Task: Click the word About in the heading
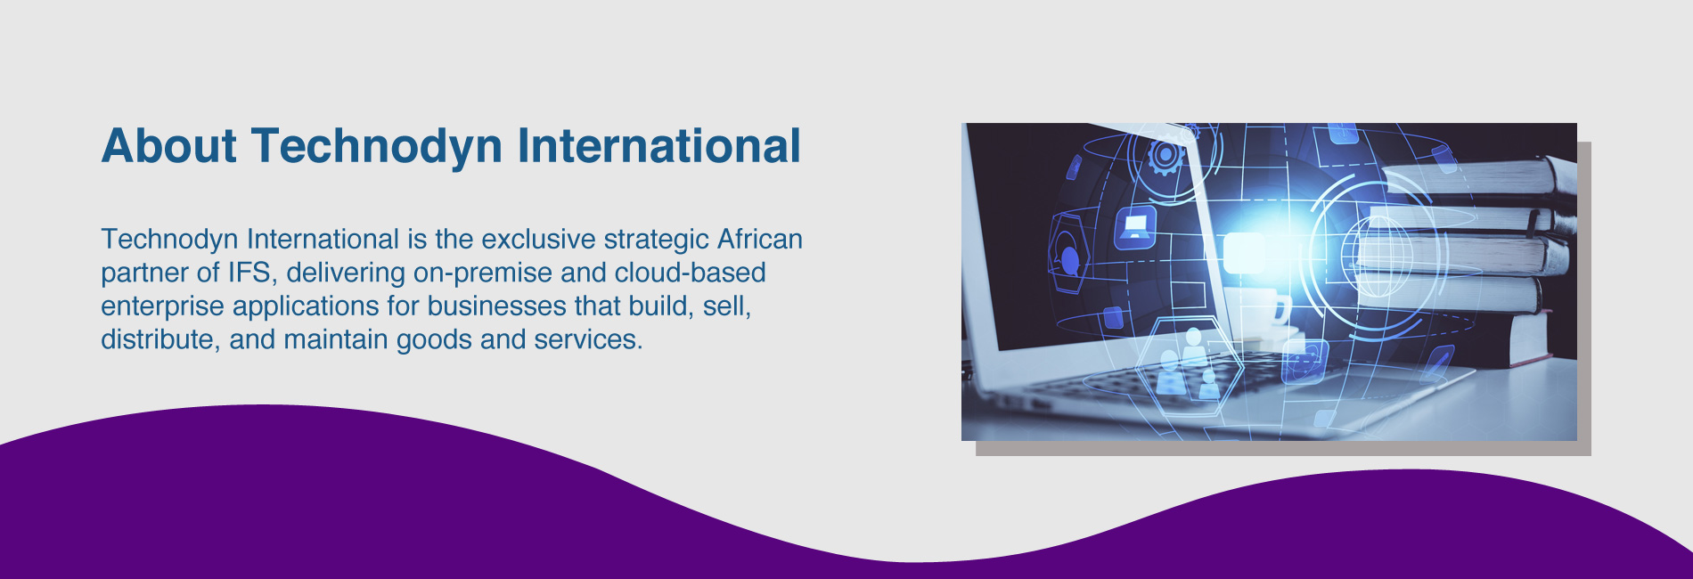pos(169,146)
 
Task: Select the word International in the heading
pos(659,146)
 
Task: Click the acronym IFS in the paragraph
pos(252,273)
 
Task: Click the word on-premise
pos(483,273)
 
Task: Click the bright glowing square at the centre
pos(1244,253)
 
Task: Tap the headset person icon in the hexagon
pos(1070,257)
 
